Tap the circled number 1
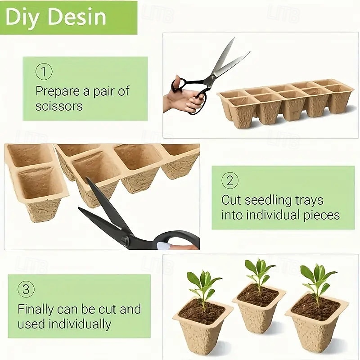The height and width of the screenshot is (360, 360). [44, 72]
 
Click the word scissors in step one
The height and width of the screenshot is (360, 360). [59, 106]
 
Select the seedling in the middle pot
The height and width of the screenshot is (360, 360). [259, 272]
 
